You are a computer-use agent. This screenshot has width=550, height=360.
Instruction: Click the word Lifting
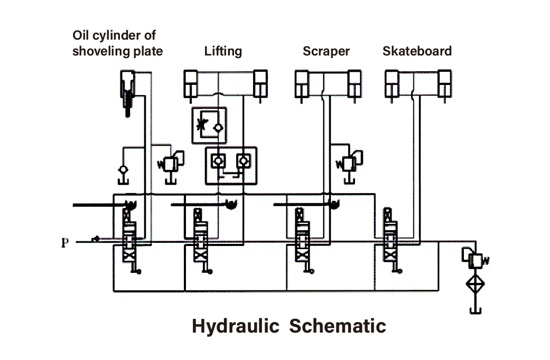[x=223, y=51]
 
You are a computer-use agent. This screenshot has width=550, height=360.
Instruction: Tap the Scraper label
[x=326, y=51]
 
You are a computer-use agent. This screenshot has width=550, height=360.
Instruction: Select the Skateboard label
[x=417, y=51]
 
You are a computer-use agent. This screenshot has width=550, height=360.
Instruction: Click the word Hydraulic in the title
[x=235, y=326]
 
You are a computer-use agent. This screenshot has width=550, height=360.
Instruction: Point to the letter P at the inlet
[x=64, y=243]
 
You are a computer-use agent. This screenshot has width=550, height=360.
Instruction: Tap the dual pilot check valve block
[x=230, y=166]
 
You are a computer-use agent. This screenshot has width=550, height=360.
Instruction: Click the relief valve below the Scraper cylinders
[x=349, y=164]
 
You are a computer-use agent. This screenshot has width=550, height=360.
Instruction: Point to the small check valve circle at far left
[x=123, y=170]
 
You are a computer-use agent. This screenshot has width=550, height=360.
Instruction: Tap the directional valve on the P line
[x=129, y=240]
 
